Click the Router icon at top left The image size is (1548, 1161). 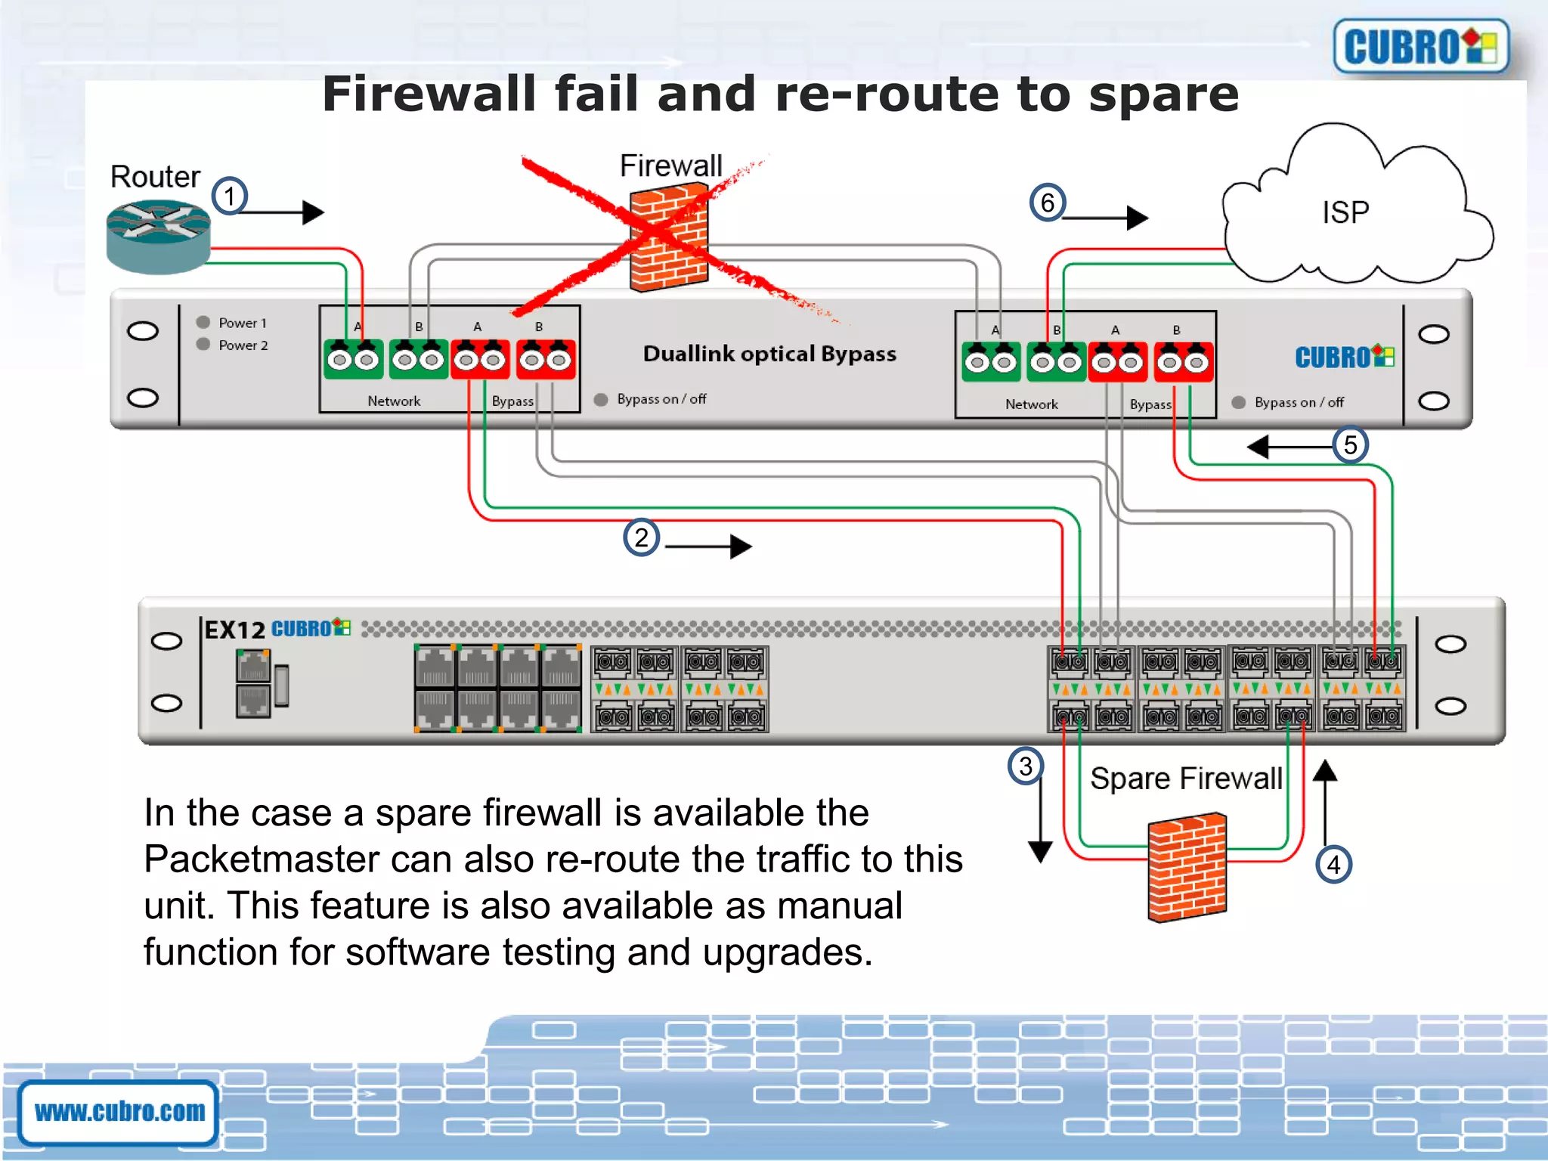click(158, 236)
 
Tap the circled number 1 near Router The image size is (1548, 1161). click(230, 197)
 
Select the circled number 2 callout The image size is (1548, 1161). click(641, 538)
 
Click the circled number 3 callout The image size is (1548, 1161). click(1026, 766)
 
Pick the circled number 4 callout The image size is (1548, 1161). click(1333, 865)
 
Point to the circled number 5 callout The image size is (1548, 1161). click(1350, 444)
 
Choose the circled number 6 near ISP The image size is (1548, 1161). click(1048, 203)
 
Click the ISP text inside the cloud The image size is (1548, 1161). click(1345, 212)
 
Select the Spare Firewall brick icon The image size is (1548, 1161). click(1187, 867)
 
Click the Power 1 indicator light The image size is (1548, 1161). click(203, 322)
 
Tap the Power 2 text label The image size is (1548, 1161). click(243, 345)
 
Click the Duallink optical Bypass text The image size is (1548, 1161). click(769, 354)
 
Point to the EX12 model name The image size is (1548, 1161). click(235, 630)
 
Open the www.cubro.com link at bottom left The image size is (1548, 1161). click(119, 1111)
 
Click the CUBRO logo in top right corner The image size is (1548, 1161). click(1420, 47)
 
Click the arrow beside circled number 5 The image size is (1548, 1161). click(1289, 447)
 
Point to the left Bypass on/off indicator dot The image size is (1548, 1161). click(601, 400)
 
